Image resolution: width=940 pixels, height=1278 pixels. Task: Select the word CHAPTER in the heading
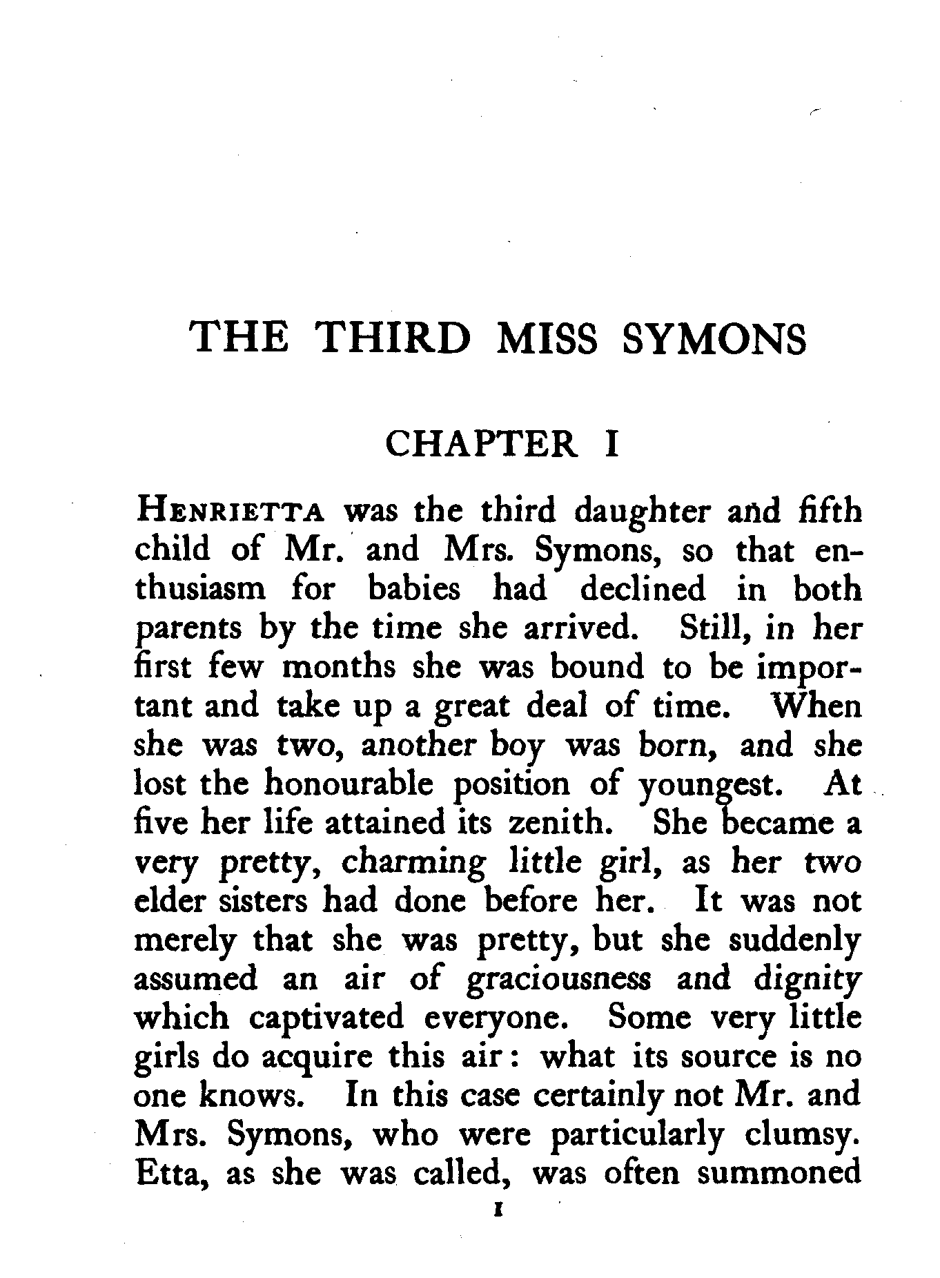[480, 443]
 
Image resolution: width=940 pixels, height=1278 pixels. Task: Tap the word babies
[413, 590]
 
